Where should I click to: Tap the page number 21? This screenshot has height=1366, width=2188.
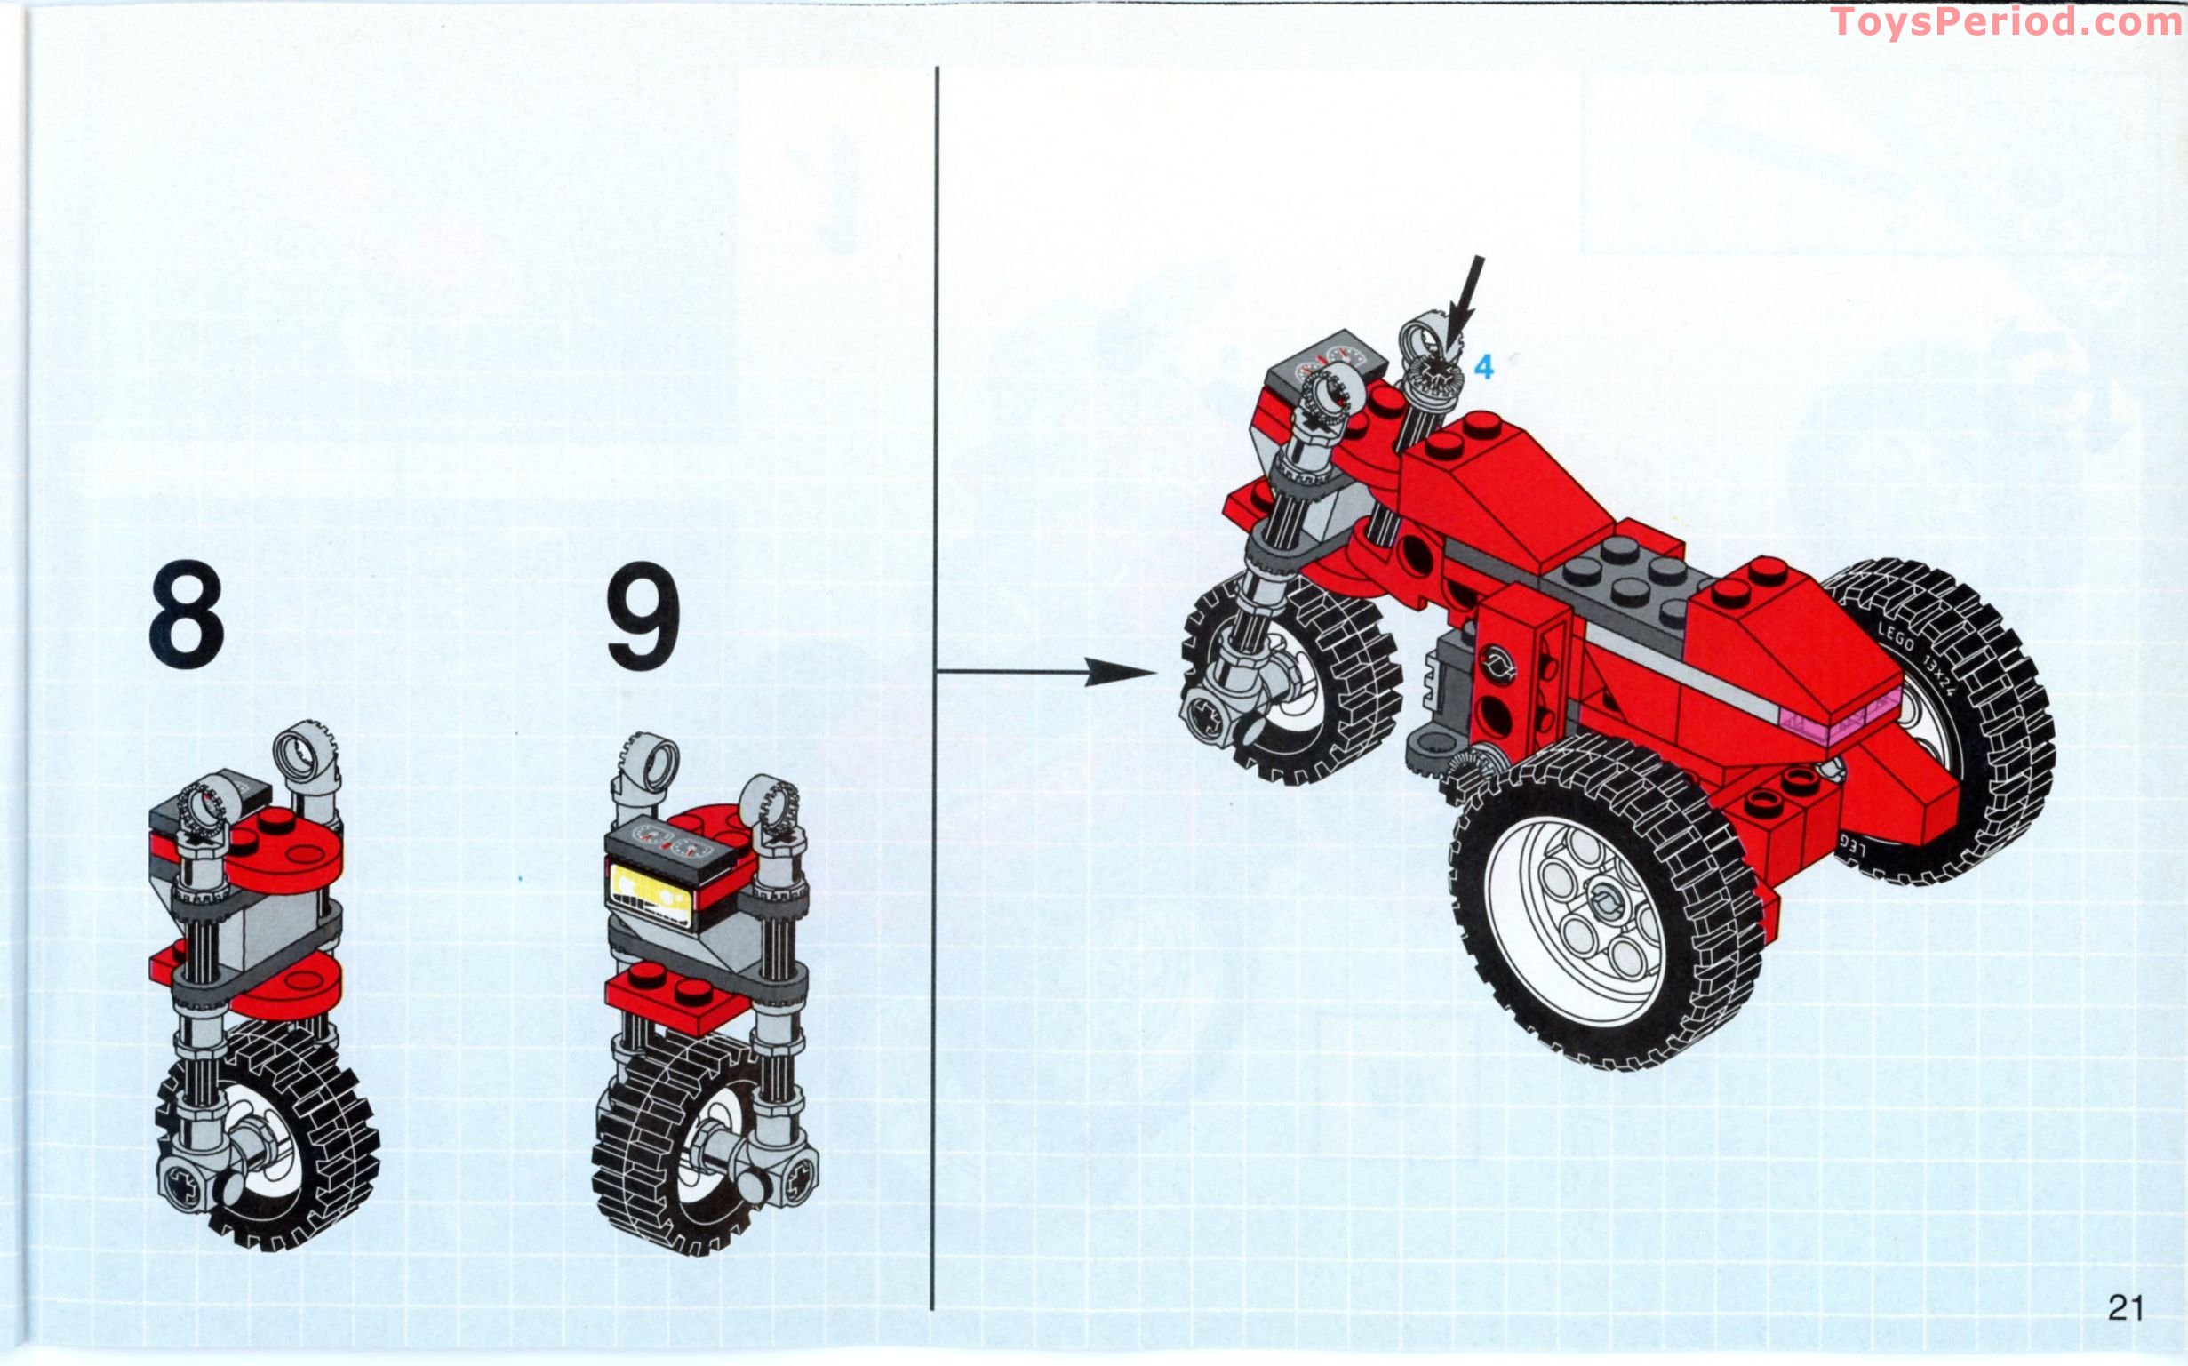[2125, 1307]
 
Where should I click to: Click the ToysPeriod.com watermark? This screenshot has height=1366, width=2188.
[2007, 21]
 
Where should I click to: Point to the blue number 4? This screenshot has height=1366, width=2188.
[1483, 367]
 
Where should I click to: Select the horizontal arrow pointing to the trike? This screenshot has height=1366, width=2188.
[1048, 671]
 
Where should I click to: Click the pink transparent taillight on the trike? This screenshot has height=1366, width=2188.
[1816, 723]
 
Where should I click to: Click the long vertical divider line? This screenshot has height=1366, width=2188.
[934, 687]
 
